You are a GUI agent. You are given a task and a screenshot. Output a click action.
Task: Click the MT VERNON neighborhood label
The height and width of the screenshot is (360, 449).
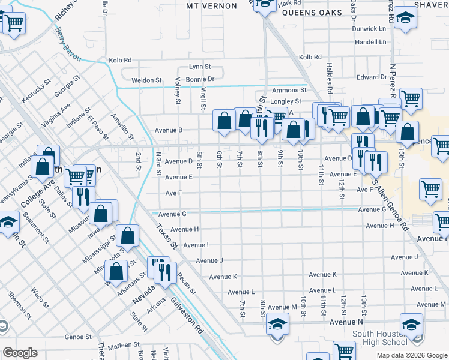[209, 5]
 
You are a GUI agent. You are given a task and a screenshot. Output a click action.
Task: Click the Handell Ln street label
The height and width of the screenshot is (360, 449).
[370, 42]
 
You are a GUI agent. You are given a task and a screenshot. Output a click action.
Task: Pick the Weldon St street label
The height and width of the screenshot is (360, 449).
[146, 80]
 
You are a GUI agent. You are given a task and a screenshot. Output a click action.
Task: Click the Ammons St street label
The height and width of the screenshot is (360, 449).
[289, 90]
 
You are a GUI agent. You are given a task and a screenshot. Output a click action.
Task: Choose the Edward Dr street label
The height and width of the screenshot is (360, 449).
[372, 77]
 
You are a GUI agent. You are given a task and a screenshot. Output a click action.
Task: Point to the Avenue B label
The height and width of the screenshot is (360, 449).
[168, 130]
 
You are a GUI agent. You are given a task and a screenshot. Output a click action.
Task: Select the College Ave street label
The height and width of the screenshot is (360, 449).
[34, 196]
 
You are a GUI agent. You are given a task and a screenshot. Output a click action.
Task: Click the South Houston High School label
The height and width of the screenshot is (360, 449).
[379, 338]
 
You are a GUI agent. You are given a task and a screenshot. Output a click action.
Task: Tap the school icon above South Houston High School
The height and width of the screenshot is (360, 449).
[411, 325]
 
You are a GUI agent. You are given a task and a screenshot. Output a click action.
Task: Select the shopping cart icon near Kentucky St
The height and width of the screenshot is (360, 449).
[14, 23]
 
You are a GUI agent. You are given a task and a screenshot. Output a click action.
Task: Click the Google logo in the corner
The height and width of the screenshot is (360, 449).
[20, 352]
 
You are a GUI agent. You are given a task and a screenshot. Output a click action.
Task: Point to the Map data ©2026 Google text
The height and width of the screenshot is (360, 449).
[411, 355]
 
